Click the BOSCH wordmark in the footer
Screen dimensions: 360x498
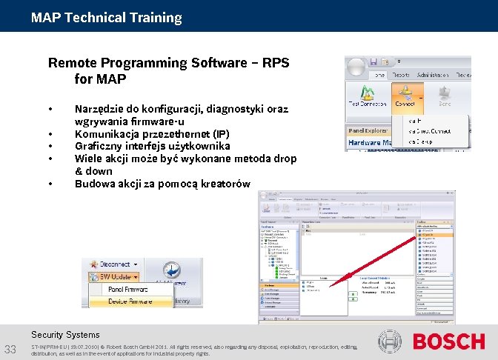tap(448, 341)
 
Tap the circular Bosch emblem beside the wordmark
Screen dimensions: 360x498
tap(390, 341)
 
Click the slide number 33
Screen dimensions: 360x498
tap(11, 350)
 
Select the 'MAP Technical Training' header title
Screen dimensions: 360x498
tap(106, 17)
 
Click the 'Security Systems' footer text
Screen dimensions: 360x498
tap(65, 335)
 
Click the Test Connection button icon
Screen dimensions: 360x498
tap(367, 93)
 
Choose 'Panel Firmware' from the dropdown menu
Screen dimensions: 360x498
tap(127, 290)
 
